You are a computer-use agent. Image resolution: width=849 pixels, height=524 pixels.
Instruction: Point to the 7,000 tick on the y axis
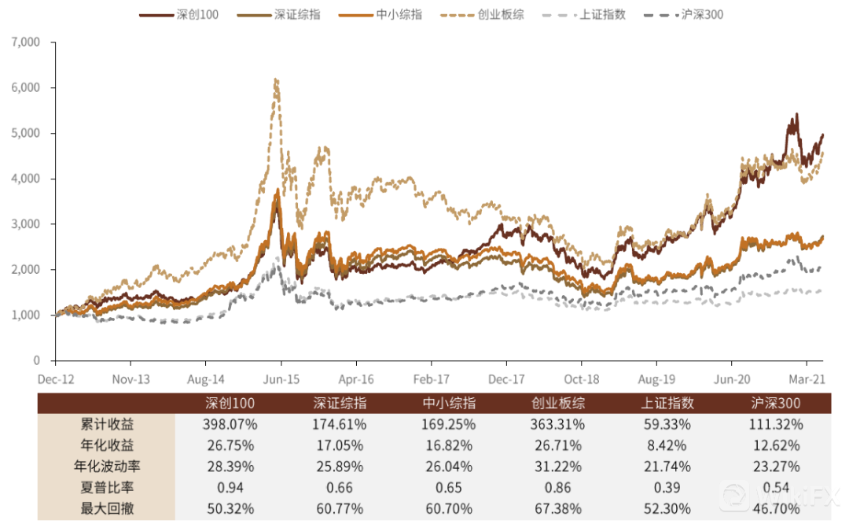(27, 42)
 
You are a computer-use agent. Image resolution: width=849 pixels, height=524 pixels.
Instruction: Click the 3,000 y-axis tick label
(27, 224)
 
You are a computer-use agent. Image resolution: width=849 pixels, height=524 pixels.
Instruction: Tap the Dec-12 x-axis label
(56, 378)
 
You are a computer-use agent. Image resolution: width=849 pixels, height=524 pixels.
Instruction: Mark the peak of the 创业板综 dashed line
(275, 79)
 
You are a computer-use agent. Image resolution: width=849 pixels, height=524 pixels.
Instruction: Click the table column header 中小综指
(449, 404)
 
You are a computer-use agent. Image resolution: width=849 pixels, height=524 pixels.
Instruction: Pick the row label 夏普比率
(106, 488)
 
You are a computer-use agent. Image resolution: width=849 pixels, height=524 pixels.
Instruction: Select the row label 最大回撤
(106, 508)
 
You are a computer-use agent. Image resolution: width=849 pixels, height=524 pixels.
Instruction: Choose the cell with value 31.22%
(558, 467)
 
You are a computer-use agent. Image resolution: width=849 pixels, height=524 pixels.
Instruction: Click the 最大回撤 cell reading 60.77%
(340, 508)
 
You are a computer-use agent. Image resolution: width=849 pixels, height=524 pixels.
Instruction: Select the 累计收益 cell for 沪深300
(774, 425)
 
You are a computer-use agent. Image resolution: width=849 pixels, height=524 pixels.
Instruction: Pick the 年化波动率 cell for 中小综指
(449, 467)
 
